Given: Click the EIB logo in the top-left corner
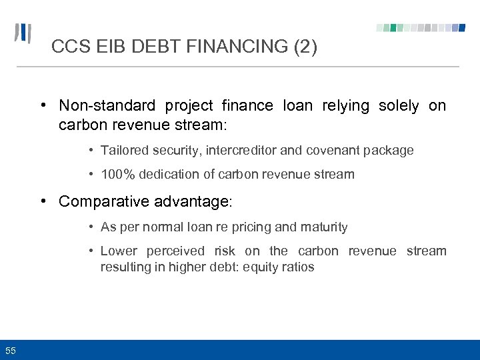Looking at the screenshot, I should coord(23,33).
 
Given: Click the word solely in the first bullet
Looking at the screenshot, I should coord(399,105).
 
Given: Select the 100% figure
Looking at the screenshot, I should coord(117,175).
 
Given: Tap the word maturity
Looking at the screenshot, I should coord(324,227).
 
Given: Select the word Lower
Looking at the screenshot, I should coord(119,251).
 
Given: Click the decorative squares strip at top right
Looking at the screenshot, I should coord(421,28).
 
